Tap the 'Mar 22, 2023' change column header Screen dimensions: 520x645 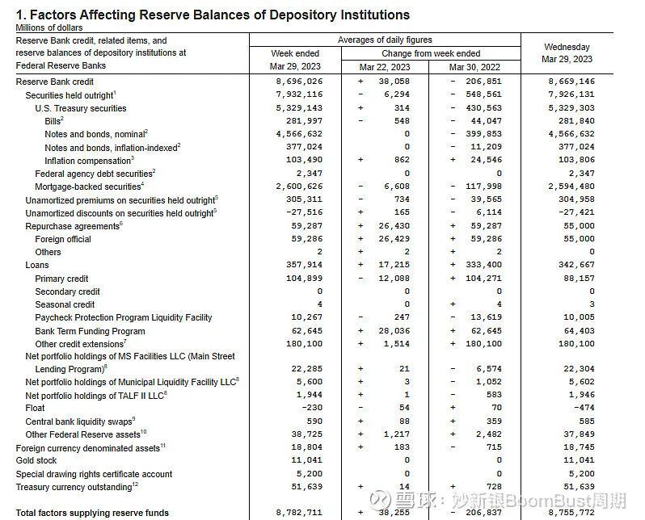tap(385, 67)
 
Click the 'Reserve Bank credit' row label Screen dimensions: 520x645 tap(55, 82)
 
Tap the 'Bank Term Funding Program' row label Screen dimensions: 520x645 tap(90, 331)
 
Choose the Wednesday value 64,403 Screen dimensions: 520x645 tap(578, 331)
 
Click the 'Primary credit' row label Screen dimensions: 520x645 tap(61, 279)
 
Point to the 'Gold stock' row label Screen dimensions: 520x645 tap(37, 461)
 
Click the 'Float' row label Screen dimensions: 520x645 tap(36, 408)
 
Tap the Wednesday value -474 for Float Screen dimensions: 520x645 tap(584, 408)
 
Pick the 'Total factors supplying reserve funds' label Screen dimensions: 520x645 tap(93, 513)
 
